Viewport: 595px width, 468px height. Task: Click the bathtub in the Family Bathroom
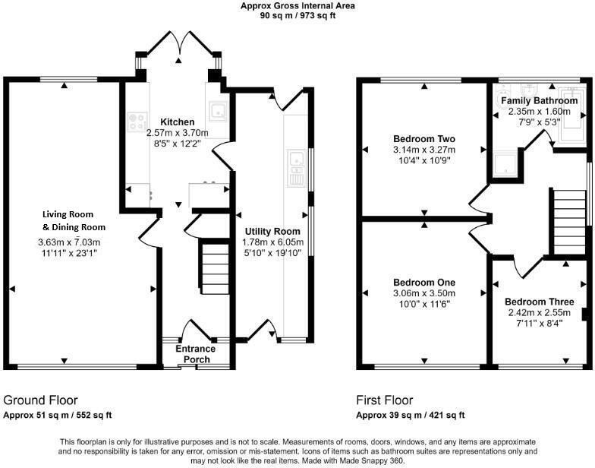click(572, 122)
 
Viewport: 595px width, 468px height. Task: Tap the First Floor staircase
click(565, 216)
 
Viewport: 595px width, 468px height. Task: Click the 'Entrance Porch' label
click(196, 354)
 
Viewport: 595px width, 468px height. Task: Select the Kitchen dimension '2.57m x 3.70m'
click(177, 132)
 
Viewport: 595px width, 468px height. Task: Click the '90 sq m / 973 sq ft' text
click(297, 15)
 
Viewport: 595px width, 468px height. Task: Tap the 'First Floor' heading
click(385, 400)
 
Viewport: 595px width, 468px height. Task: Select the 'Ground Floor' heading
click(40, 400)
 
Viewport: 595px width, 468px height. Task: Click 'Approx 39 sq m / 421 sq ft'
click(410, 415)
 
